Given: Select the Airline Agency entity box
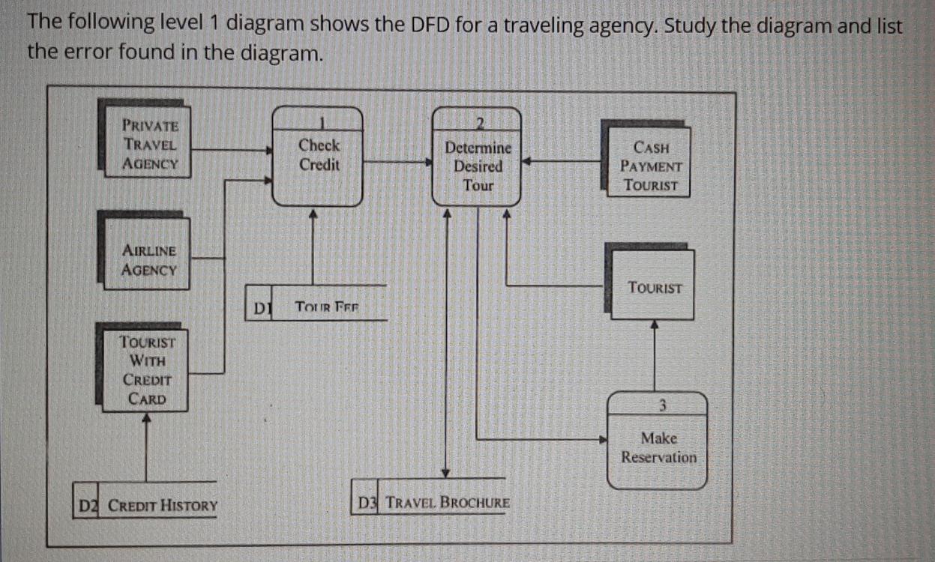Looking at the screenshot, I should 147,259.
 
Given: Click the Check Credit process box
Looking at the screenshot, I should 318,157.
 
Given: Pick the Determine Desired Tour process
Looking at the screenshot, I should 478,161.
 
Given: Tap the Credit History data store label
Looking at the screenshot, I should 163,506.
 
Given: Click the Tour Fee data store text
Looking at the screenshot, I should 328,306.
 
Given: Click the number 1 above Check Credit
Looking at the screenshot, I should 320,121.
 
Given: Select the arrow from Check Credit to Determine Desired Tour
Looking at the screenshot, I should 397,161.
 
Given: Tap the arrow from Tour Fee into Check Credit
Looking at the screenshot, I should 313,247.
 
